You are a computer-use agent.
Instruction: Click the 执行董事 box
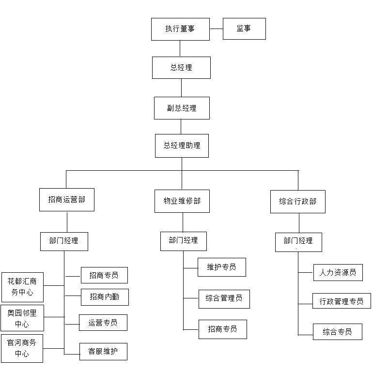180,29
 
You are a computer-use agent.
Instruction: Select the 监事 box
244,29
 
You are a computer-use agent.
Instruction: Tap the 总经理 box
181,68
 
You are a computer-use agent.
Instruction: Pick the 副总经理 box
182,108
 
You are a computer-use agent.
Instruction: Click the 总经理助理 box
182,146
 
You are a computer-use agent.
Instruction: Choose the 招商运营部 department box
67,200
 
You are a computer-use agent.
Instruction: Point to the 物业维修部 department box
182,201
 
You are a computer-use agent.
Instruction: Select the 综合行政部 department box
298,202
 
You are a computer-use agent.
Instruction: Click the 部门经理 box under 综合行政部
298,242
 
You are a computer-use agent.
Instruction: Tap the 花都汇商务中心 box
22,287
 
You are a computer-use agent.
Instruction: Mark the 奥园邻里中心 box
22,318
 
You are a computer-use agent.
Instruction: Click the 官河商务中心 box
22,348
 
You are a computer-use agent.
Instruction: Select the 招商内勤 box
105,297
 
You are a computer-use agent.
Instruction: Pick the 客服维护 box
103,352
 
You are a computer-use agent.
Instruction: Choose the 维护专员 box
222,267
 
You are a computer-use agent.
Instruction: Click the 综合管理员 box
224,299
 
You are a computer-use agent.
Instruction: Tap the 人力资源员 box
338,272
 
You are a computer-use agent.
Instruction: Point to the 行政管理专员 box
342,301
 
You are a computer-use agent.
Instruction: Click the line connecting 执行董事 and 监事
216,29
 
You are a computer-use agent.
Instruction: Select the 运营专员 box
103,323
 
